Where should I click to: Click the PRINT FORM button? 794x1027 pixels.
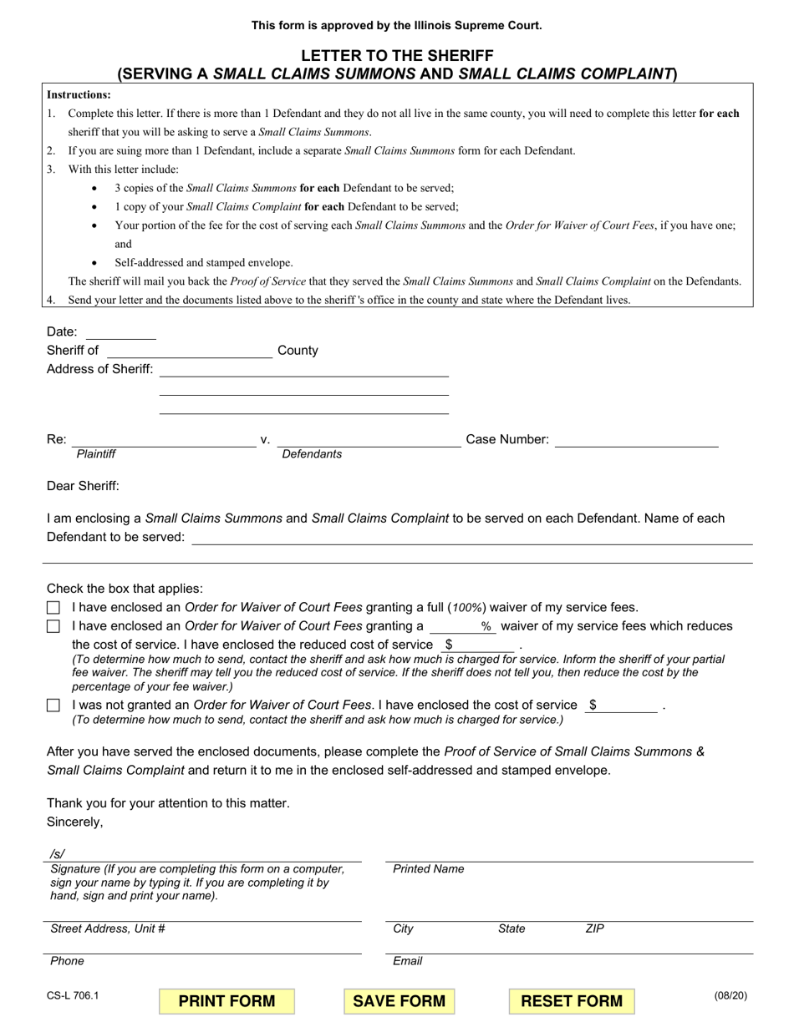226,1001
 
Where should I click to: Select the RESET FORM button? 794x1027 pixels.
571,1001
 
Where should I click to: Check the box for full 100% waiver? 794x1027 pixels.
53,608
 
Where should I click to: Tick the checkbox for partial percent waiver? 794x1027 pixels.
53,626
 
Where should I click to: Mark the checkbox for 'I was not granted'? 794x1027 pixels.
53,706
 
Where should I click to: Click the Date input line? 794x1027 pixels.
120,332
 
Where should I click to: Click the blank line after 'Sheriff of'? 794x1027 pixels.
189,352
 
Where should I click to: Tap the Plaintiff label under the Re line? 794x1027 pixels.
96,454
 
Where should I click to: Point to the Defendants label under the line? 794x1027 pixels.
312,454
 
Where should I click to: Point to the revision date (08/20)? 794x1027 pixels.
730,995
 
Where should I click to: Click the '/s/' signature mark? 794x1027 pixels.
58,853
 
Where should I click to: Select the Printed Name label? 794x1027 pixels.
428,869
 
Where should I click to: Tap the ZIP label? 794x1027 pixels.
594,928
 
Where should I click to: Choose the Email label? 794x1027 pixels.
407,961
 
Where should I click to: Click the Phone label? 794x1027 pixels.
67,961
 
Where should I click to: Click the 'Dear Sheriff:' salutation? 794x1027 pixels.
83,486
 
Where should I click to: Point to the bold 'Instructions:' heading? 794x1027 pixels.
79,95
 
